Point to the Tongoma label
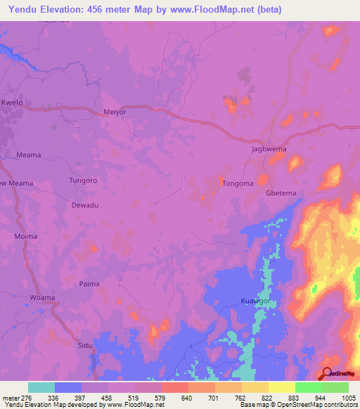(237, 183)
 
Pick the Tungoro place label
(83, 180)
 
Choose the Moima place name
(27, 236)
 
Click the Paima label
(89, 284)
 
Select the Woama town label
(41, 298)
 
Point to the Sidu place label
(84, 346)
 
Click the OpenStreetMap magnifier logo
(327, 372)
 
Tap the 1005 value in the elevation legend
(348, 397)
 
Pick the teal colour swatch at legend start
(41, 387)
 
